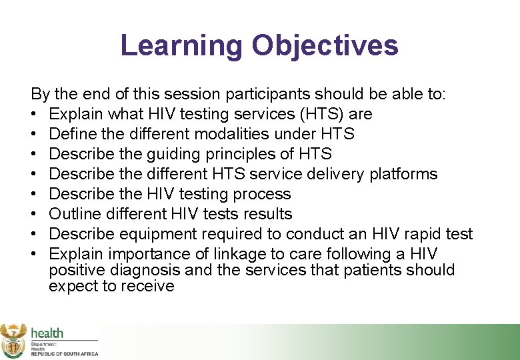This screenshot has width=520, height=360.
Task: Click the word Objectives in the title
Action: [x=325, y=46]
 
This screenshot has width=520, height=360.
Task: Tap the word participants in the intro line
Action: [x=267, y=95]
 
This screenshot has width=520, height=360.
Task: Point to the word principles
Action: [x=249, y=154]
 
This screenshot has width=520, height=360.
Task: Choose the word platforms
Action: [x=403, y=174]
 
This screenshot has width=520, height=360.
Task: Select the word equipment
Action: [x=158, y=235]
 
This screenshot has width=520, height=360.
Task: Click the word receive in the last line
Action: [x=147, y=286]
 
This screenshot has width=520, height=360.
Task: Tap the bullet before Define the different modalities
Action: [x=33, y=134]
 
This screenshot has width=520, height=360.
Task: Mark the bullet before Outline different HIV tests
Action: [x=33, y=214]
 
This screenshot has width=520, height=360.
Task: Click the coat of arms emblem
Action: [x=13, y=341]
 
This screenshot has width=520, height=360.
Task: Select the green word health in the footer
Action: [x=47, y=333]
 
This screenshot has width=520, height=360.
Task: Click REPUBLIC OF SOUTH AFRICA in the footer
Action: [x=65, y=354]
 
